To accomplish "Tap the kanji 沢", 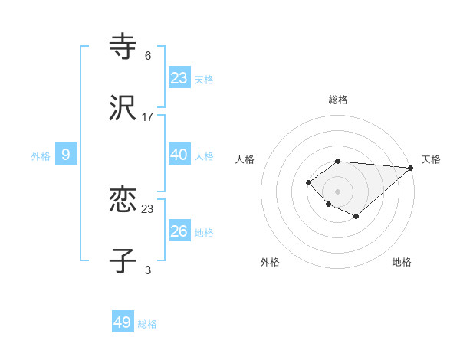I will pyautogui.click(x=123, y=109).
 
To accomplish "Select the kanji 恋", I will pyautogui.click(x=123, y=201).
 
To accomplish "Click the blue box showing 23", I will pyautogui.click(x=179, y=77).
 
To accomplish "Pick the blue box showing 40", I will pyautogui.click(x=179, y=154).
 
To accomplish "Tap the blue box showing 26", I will pyautogui.click(x=179, y=231).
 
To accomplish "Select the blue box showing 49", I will pyautogui.click(x=123, y=322).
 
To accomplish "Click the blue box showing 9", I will pyautogui.click(x=66, y=155).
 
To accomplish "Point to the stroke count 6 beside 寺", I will pyautogui.click(x=148, y=55).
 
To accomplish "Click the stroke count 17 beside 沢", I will pyautogui.click(x=148, y=117).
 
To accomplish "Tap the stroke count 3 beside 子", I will pyautogui.click(x=148, y=270).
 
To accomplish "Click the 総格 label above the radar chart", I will pyautogui.click(x=338, y=100).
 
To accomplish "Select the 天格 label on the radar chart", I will pyautogui.click(x=431, y=159).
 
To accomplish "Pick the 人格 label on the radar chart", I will pyautogui.click(x=245, y=159).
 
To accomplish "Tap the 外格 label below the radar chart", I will pyautogui.click(x=270, y=262).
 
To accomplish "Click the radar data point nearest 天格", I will pyautogui.click(x=412, y=167).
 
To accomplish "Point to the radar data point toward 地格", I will pyautogui.click(x=356, y=217).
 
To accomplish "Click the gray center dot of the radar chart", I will pyautogui.click(x=337, y=191).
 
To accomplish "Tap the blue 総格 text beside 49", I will pyautogui.click(x=148, y=324).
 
